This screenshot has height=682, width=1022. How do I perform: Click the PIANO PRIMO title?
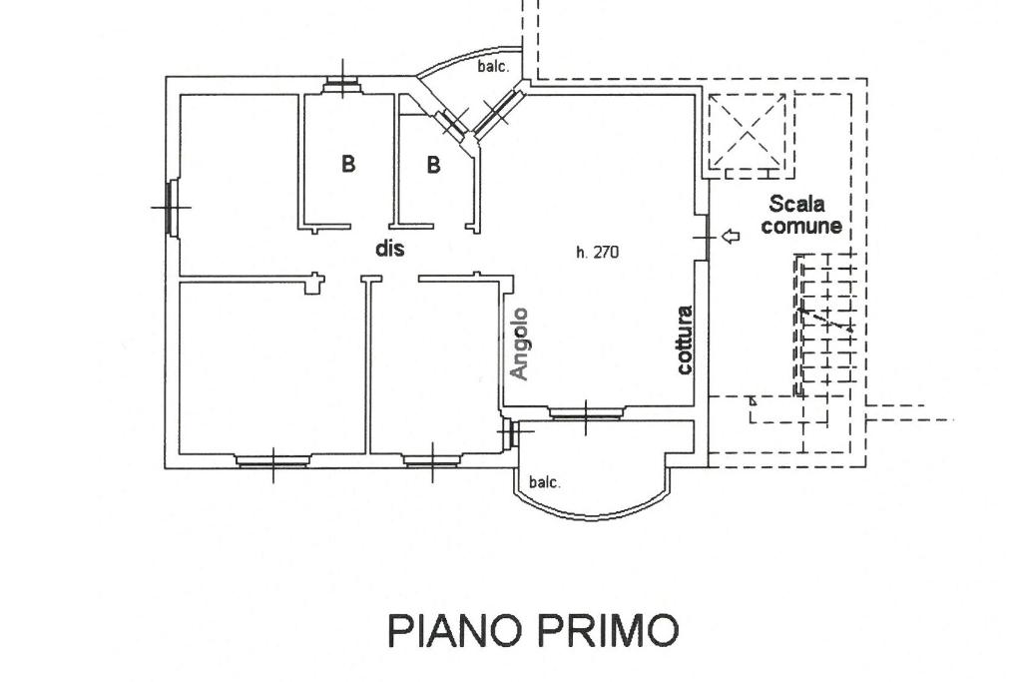coord(533,630)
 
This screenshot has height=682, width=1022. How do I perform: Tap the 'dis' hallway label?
coord(390,249)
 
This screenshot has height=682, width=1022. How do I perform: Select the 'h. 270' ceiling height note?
coord(597,252)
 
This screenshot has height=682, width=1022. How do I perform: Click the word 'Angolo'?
coord(519,342)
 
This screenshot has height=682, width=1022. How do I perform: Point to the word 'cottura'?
coord(685,340)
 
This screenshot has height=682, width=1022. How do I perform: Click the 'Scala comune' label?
coord(801,215)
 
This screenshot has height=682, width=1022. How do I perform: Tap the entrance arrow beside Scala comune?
coord(731,236)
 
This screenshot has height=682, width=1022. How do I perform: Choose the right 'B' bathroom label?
coord(433,165)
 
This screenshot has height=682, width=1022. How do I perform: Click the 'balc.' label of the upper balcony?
coord(493,66)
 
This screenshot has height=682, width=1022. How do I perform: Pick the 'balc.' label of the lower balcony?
coord(545,482)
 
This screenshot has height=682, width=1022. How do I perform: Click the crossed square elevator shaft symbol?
coord(748,131)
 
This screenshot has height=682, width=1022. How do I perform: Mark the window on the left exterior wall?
coord(172,208)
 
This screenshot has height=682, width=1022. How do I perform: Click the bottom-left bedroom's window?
coord(272,461)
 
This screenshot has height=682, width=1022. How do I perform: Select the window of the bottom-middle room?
coord(432,461)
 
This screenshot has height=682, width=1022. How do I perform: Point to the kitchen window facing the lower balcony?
coord(585,412)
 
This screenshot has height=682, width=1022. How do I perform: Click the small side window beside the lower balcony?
coord(509,433)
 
